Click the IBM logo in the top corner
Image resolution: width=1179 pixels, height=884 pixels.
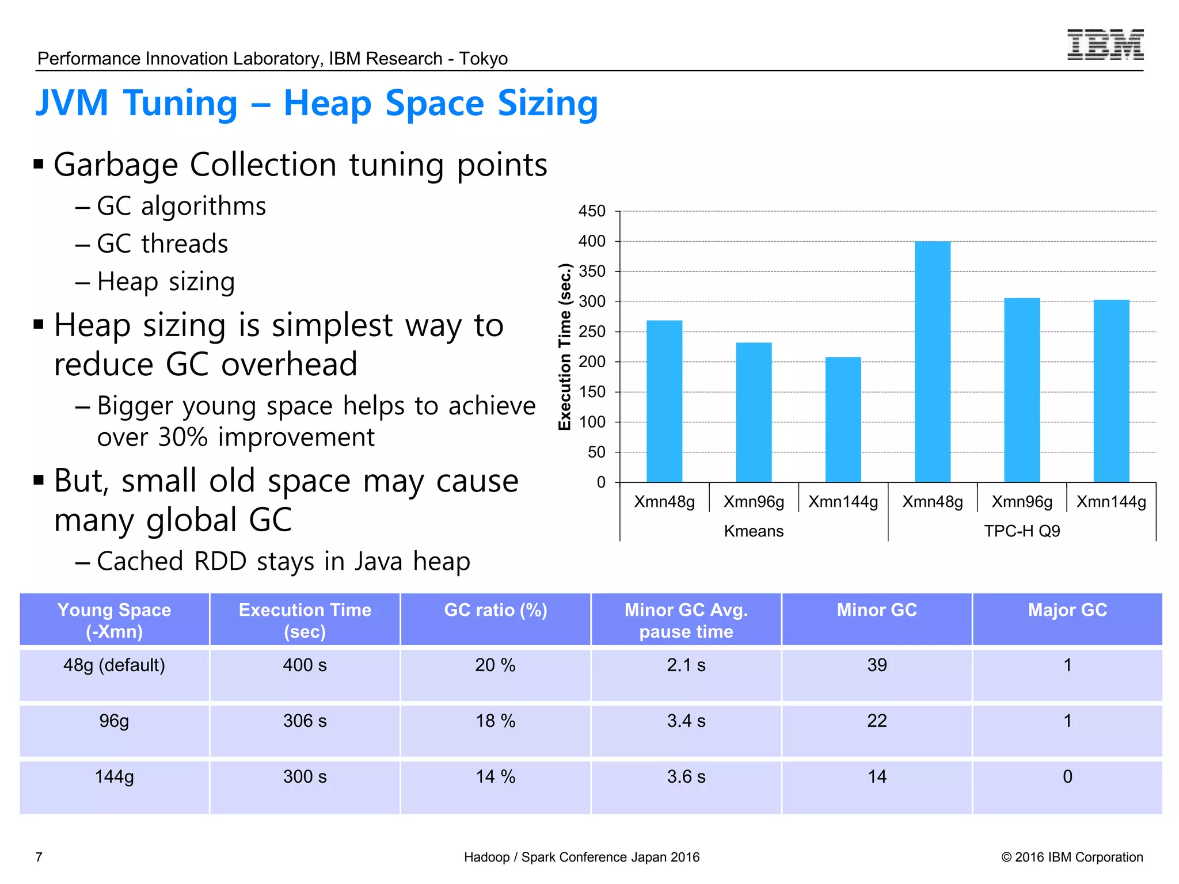pyautogui.click(x=1105, y=44)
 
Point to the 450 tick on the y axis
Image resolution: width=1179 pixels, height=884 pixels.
pyautogui.click(x=592, y=211)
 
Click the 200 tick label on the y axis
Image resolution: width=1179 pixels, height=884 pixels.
pyautogui.click(x=592, y=362)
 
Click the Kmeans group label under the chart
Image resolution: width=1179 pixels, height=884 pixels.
pyautogui.click(x=754, y=531)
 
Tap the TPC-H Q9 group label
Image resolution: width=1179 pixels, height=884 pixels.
pyautogui.click(x=1022, y=531)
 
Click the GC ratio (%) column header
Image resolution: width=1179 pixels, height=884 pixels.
pyautogui.click(x=495, y=610)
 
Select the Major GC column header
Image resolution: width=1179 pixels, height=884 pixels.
pyautogui.click(x=1067, y=610)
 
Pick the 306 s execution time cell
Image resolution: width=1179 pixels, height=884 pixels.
pyautogui.click(x=305, y=721)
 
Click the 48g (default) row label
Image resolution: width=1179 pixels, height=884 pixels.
pyautogui.click(x=114, y=665)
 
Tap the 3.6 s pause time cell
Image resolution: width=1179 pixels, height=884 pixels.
pyautogui.click(x=686, y=777)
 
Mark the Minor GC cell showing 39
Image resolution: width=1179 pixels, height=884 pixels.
pyautogui.click(x=877, y=665)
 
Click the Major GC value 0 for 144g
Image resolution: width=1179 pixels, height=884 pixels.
pyautogui.click(x=1067, y=777)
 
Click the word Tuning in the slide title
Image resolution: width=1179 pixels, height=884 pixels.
pyautogui.click(x=180, y=104)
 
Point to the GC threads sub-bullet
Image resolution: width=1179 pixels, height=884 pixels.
pyautogui.click(x=162, y=244)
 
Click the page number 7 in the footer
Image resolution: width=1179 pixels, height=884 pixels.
pyautogui.click(x=39, y=857)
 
